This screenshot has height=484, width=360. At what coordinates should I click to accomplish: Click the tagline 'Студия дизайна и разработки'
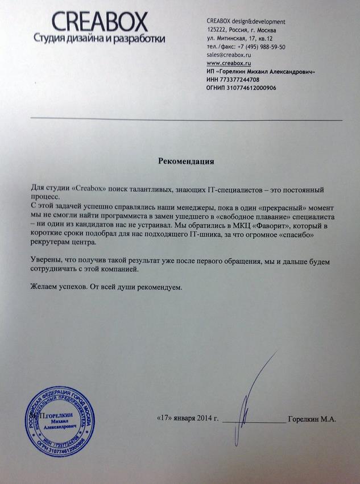pyautogui.click(x=99, y=39)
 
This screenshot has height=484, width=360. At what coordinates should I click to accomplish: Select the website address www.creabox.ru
pyautogui.click(x=229, y=63)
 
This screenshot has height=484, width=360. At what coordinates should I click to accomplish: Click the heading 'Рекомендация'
pyautogui.click(x=185, y=161)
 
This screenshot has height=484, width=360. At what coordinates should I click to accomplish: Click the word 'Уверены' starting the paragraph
pyautogui.click(x=45, y=260)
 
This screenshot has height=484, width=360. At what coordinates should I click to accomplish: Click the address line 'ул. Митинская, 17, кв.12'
pyautogui.click(x=240, y=38)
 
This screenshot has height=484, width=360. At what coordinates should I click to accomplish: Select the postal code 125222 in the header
pyautogui.click(x=217, y=30)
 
